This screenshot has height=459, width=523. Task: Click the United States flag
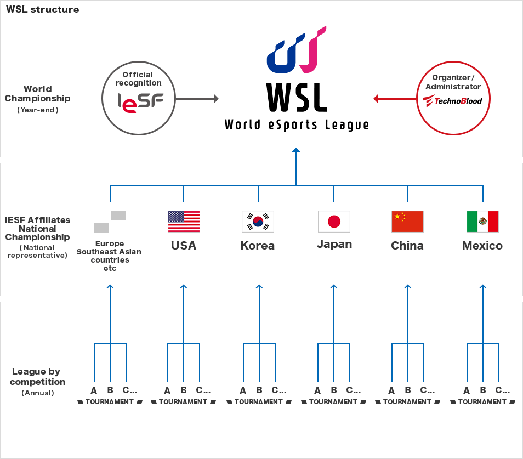tap(184, 222)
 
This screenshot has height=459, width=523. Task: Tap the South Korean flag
tap(258, 222)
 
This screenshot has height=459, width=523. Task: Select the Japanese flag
tap(334, 222)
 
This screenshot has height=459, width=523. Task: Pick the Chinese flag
tap(407, 222)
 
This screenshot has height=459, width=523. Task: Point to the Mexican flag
tap(482, 222)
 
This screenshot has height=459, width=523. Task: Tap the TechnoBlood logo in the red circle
tap(453, 101)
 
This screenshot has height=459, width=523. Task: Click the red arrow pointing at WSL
tap(394, 99)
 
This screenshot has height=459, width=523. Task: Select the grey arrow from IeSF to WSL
tap(197, 99)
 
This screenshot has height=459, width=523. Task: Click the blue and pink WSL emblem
tap(296, 50)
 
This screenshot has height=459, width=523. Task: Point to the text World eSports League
tap(297, 125)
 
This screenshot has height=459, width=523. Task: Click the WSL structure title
tap(42, 9)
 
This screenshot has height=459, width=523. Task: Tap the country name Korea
tap(258, 246)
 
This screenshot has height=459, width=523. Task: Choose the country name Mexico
tap(482, 246)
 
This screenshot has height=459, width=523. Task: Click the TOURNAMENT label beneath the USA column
tap(184, 402)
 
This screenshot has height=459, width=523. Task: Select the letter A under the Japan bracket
tap(317, 391)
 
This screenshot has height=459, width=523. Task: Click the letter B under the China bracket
tap(407, 390)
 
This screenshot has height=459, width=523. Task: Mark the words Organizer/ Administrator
tap(453, 82)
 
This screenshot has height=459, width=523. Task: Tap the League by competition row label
tap(37, 377)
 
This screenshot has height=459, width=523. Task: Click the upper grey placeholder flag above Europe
tap(118, 216)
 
